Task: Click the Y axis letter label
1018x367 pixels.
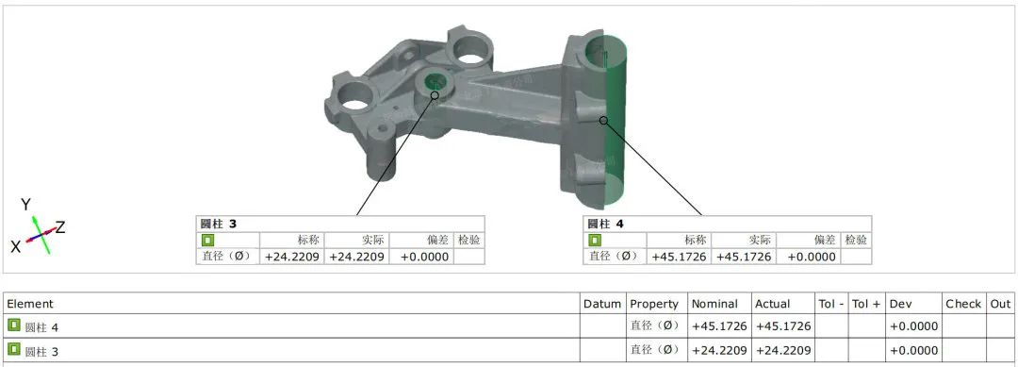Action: point(26,205)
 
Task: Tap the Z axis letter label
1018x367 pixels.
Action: point(60,227)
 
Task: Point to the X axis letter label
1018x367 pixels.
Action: point(16,246)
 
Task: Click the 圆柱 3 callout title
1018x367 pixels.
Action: point(218,225)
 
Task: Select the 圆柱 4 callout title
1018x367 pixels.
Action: point(605,225)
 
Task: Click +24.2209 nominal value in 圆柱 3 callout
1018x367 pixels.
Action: point(292,257)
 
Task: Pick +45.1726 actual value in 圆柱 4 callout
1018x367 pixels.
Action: point(744,257)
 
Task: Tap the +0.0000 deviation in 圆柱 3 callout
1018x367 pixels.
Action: point(424,257)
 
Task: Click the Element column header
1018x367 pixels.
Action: point(30,304)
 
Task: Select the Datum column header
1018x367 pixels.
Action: point(601,304)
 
